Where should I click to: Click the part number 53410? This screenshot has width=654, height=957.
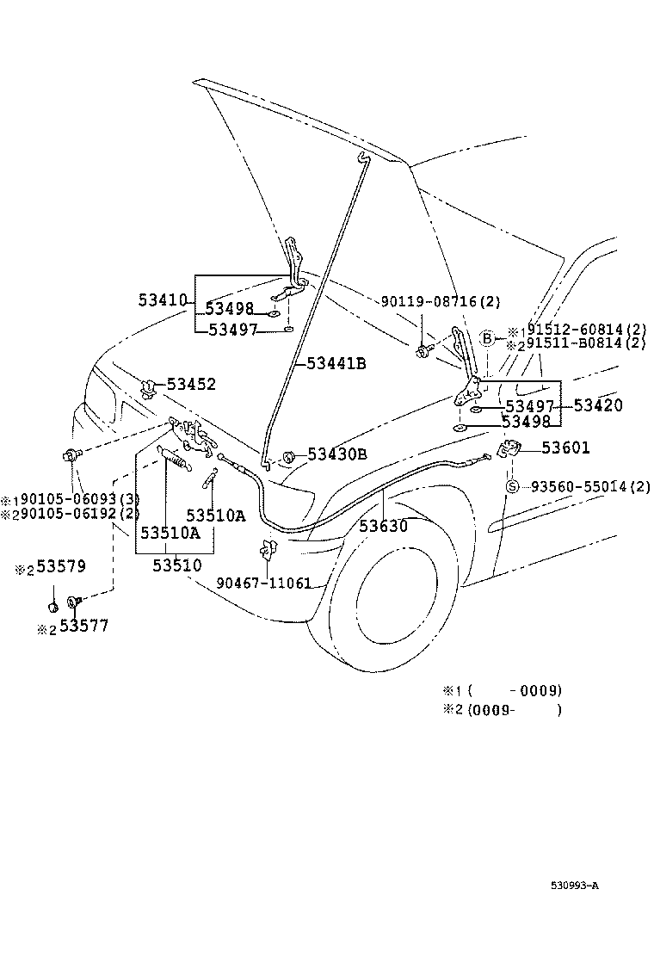(162, 300)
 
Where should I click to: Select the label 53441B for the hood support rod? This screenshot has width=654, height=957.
(336, 364)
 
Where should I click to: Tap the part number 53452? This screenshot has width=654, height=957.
(191, 385)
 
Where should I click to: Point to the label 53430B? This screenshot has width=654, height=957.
(337, 454)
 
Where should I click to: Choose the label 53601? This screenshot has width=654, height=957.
(566, 448)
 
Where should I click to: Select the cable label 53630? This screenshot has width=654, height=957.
(383, 525)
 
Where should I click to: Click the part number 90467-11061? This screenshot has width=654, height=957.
(263, 583)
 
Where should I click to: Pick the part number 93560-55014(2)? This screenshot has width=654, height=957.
(590, 486)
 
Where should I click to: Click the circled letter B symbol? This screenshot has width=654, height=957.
(487, 337)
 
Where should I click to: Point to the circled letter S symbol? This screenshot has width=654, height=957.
(512, 486)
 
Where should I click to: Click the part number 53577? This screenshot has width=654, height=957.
(83, 626)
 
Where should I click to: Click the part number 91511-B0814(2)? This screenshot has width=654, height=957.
(585, 343)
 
